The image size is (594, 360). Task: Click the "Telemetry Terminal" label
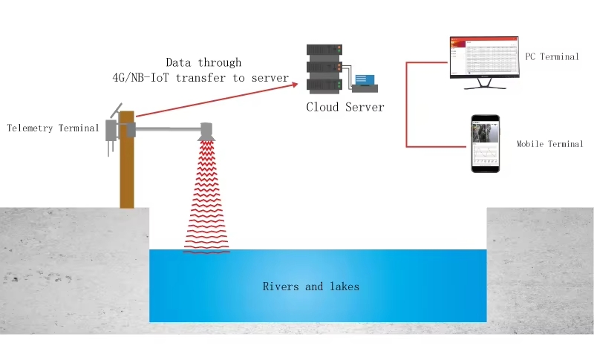coord(53,128)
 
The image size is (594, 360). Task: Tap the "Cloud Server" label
coord(345,107)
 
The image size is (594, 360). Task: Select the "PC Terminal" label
coord(552,56)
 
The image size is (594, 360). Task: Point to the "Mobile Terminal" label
coord(549,144)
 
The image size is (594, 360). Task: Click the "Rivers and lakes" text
coord(310,286)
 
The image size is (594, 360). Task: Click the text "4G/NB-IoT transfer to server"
coord(195,77)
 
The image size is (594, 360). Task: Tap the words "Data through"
coord(203,62)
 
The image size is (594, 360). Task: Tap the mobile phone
coord(485,144)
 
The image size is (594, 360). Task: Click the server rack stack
coord(324,68)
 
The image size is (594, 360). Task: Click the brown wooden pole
coord(127,171)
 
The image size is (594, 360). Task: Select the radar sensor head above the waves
coord(207,131)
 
